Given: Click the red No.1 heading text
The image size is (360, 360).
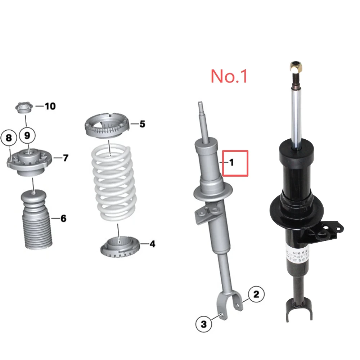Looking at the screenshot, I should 229,76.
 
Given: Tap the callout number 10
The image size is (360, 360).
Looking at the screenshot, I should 50,106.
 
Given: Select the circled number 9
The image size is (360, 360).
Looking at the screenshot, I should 27,136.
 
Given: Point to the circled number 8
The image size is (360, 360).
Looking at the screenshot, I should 9,138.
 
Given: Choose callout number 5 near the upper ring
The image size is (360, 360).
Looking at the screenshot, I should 142,124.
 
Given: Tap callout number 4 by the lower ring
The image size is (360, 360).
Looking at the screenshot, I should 152,244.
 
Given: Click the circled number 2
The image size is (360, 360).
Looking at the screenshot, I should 256,294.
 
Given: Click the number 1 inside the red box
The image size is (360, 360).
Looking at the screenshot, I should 231,163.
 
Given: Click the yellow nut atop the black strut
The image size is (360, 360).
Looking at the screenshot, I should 295,67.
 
